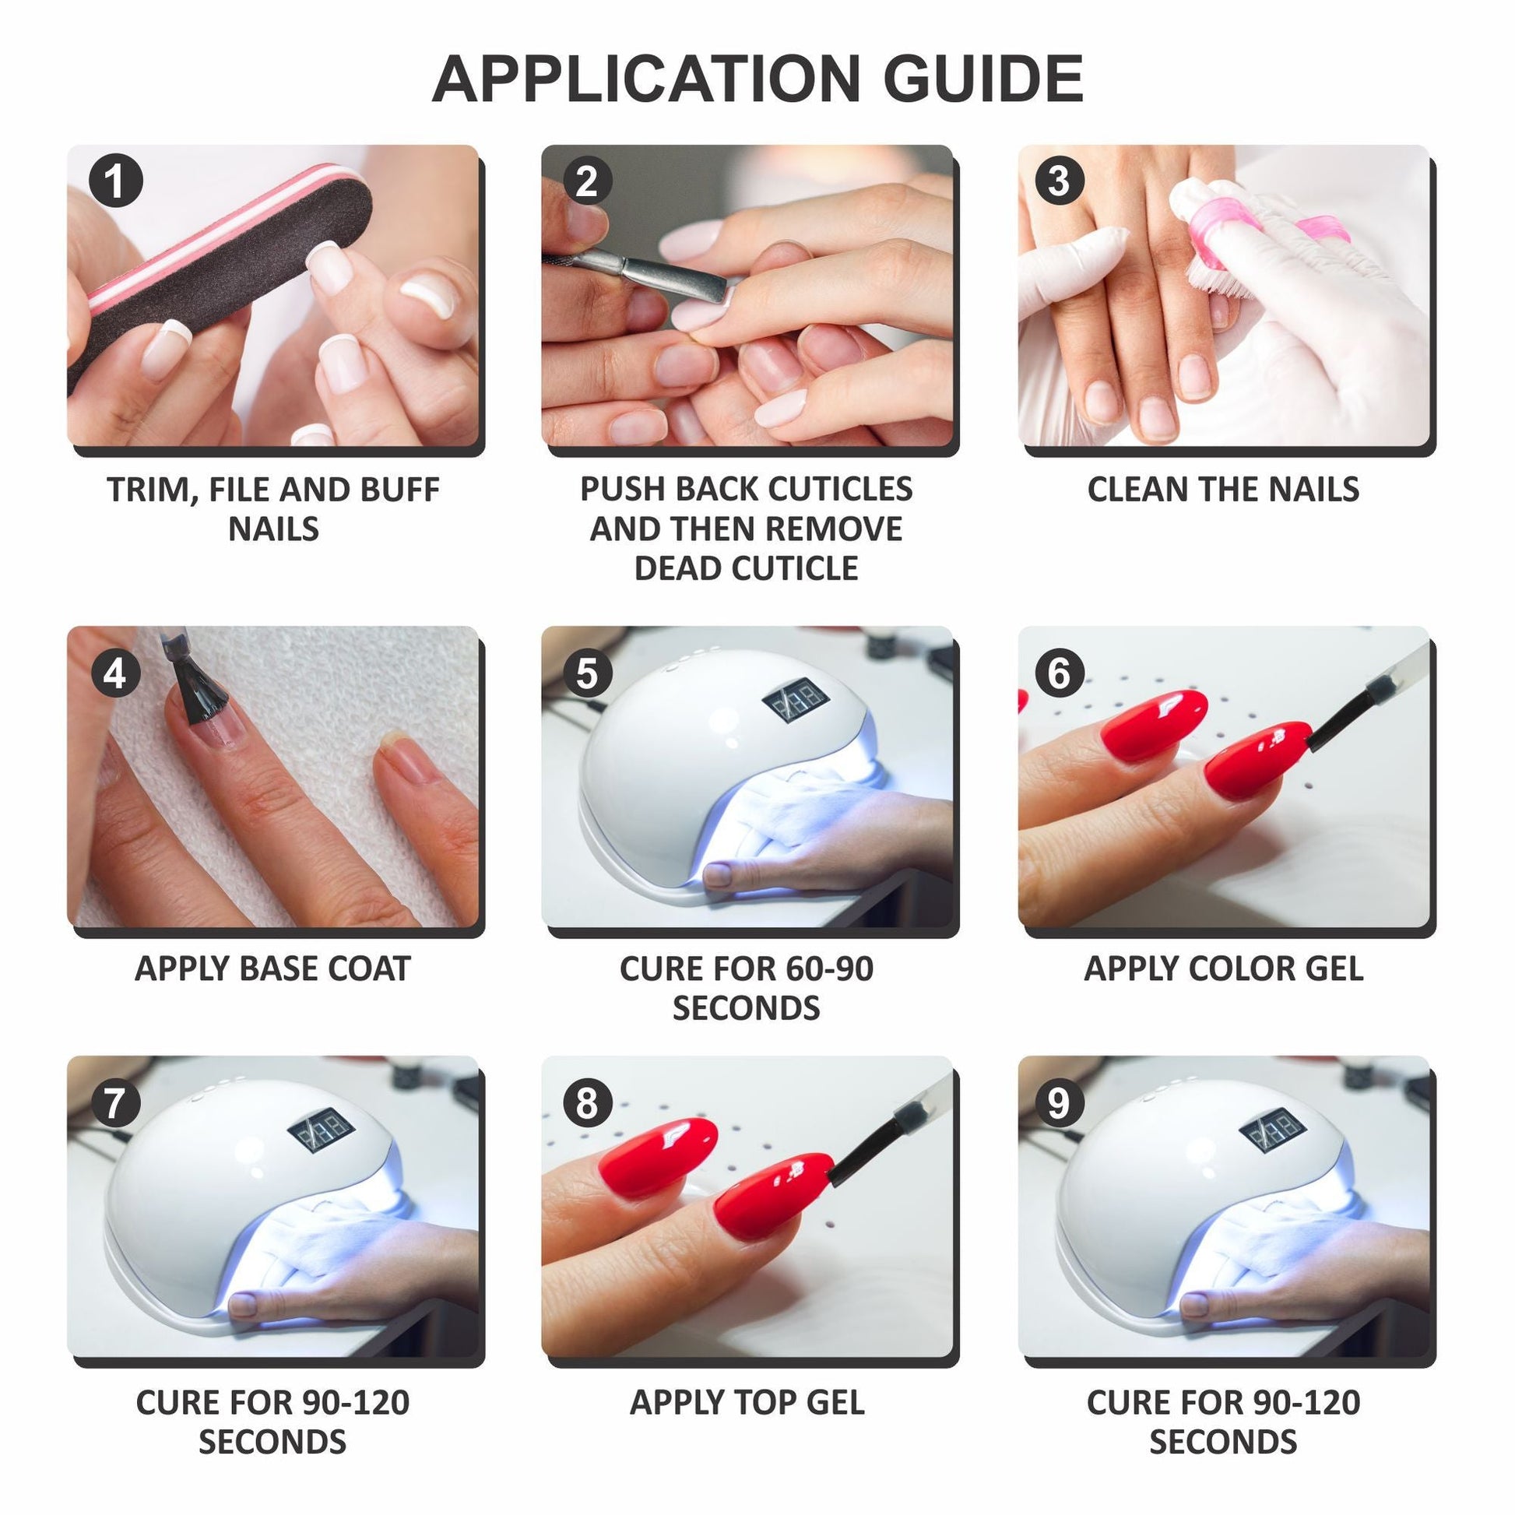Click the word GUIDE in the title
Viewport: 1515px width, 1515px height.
pyautogui.click(x=983, y=79)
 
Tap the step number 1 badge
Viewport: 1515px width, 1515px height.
pyautogui.click(x=115, y=181)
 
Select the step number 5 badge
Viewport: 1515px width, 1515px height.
pyautogui.click(x=587, y=673)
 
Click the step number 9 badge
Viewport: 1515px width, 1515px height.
pyautogui.click(x=1059, y=1103)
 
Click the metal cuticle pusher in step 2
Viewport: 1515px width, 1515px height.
pyautogui.click(x=643, y=275)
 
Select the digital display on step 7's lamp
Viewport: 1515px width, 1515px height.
pyautogui.click(x=322, y=1129)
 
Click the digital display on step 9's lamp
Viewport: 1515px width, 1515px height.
pyautogui.click(x=1272, y=1129)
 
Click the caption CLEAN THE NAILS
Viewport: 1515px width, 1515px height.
pyautogui.click(x=1223, y=490)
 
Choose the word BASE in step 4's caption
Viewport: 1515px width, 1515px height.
pyautogui.click(x=278, y=969)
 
